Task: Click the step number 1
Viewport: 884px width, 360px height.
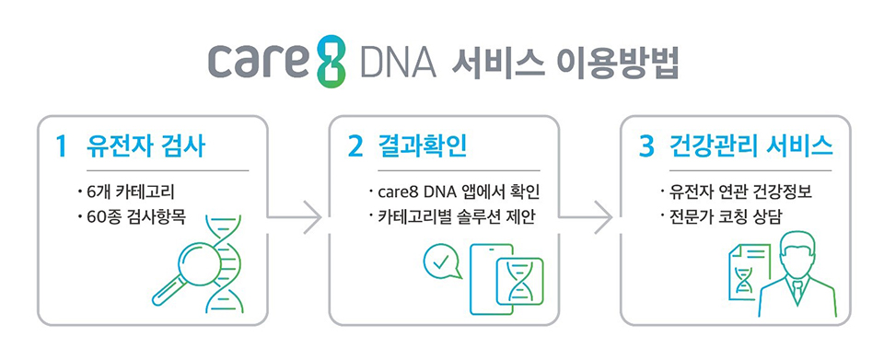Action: click(61, 145)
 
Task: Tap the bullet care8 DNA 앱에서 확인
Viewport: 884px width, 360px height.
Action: click(455, 192)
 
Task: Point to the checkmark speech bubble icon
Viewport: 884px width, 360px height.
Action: click(441, 263)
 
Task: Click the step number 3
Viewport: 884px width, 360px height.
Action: click(647, 145)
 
